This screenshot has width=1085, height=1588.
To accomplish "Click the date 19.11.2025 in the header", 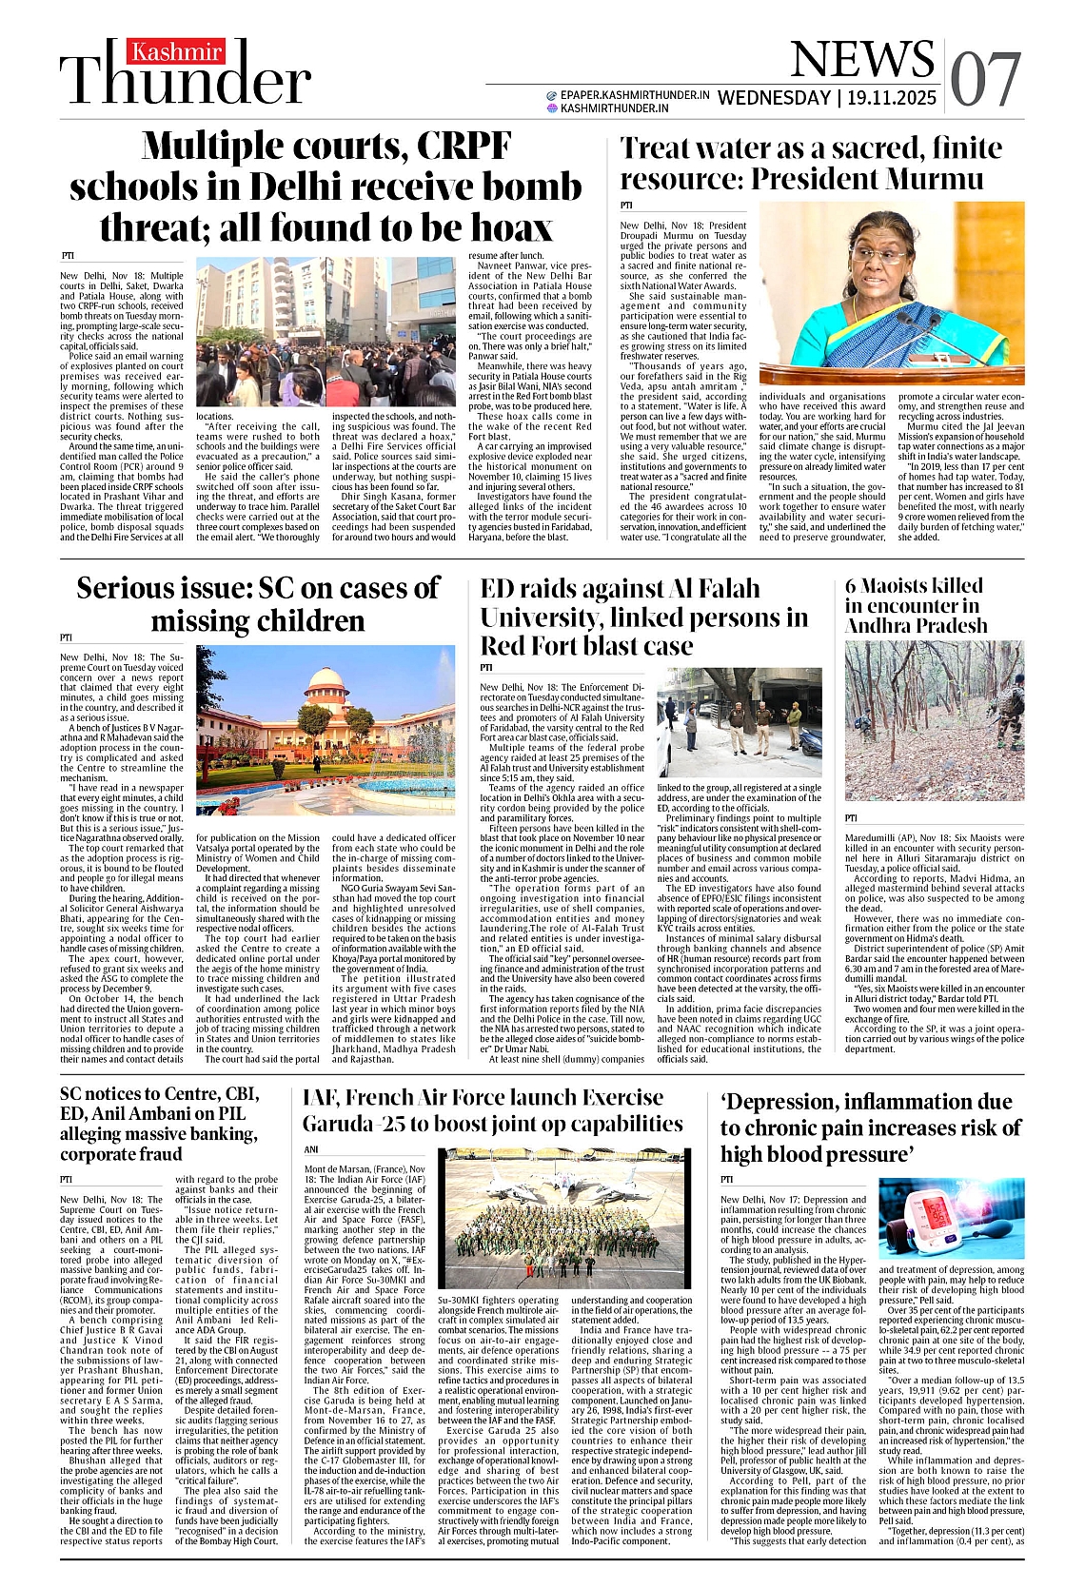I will pyautogui.click(x=892, y=98).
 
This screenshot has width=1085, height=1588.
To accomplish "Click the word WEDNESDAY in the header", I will pyautogui.click(x=775, y=98).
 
